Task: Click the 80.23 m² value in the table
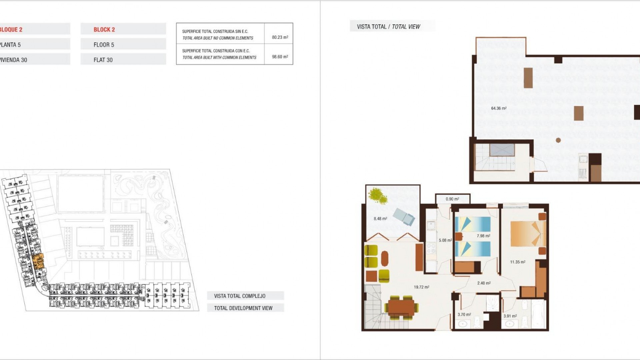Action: click(280, 37)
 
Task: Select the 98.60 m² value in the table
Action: click(280, 57)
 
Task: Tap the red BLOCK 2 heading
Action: click(104, 30)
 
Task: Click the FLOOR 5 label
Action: click(104, 45)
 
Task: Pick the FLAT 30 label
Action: click(103, 60)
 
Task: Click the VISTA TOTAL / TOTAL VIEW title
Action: click(388, 27)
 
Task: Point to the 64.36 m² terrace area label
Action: click(499, 108)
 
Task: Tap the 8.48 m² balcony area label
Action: click(380, 219)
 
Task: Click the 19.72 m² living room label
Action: click(421, 287)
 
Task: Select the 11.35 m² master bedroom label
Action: click(517, 262)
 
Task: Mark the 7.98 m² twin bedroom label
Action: click(483, 236)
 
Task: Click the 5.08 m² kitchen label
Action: click(445, 240)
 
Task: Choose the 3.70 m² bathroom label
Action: click(464, 315)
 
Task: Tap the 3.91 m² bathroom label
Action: click(510, 316)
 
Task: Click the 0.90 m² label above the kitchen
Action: click(452, 199)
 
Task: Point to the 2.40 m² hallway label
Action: click(484, 283)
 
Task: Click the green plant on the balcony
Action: click(378, 196)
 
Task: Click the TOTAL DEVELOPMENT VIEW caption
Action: click(243, 308)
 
